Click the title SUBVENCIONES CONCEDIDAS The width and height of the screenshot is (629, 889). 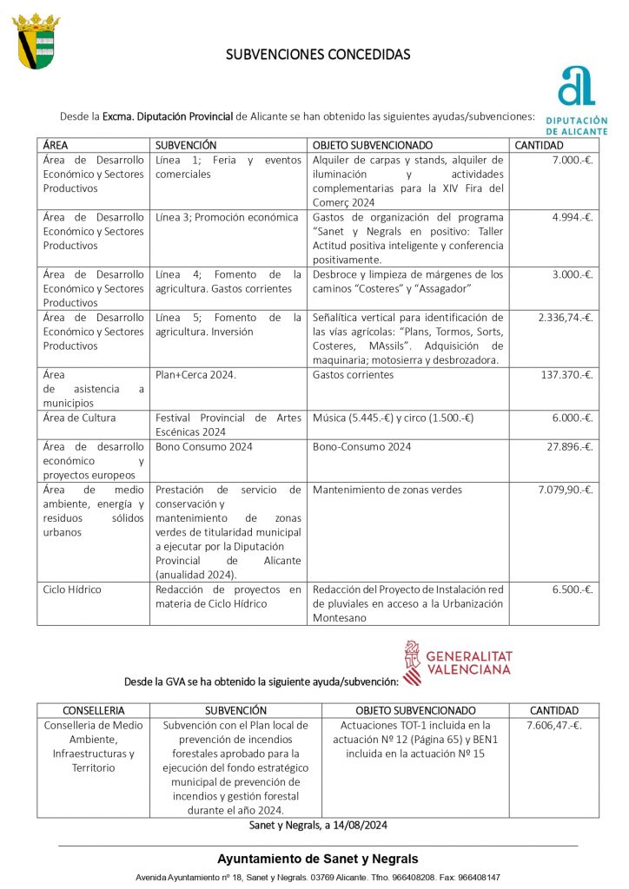pos(318,54)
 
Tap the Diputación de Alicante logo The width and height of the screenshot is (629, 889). pos(577,98)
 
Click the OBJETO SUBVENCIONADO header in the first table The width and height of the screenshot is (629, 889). pos(372,145)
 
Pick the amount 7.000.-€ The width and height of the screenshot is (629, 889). pos(571,161)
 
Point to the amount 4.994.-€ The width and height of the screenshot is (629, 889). pos(571,217)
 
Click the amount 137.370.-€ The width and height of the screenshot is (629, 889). pos(566,375)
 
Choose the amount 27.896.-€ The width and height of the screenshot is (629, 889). pos(569,447)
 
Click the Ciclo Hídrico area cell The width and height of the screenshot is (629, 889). pos(72,589)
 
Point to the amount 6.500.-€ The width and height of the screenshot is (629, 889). pos(571,589)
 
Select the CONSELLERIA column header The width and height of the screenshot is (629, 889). pos(94,710)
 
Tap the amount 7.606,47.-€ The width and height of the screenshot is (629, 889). pos(554,725)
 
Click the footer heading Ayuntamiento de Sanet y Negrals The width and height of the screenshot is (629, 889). pos(317,859)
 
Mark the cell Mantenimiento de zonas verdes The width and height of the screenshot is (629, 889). pos(387,490)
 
